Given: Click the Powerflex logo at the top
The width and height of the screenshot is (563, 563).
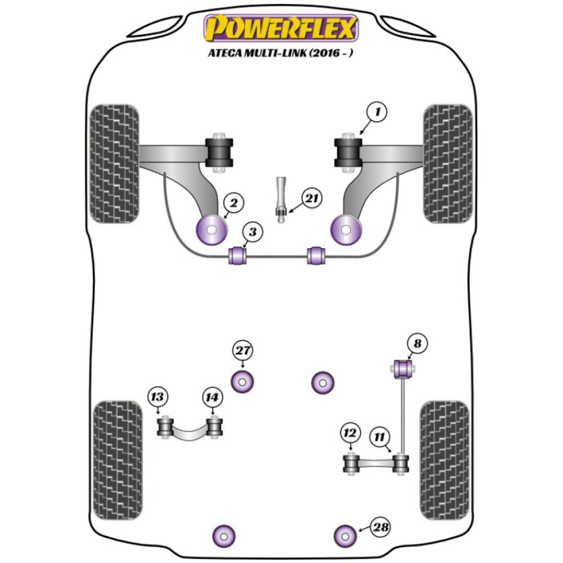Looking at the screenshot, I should pyautogui.click(x=281, y=29).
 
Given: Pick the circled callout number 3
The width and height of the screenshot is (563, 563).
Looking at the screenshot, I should pyautogui.click(x=253, y=232).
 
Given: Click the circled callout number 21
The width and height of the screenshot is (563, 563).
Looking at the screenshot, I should pyautogui.click(x=311, y=198).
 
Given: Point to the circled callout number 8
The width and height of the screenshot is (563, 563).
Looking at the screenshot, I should pyautogui.click(x=418, y=343).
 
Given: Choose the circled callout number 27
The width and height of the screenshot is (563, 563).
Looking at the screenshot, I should pyautogui.click(x=243, y=351).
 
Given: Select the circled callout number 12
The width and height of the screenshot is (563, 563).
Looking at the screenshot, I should pyautogui.click(x=350, y=433).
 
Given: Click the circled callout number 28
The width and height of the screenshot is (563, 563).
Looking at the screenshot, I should pyautogui.click(x=381, y=528).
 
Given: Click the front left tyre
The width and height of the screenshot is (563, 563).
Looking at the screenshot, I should pyautogui.click(x=114, y=163).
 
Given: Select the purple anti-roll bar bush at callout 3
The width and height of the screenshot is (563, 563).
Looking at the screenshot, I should pyautogui.click(x=238, y=255).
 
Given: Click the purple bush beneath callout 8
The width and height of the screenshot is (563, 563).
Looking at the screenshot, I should pyautogui.click(x=403, y=369).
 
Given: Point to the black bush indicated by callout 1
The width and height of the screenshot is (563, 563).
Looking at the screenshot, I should pyautogui.click(x=347, y=151).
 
